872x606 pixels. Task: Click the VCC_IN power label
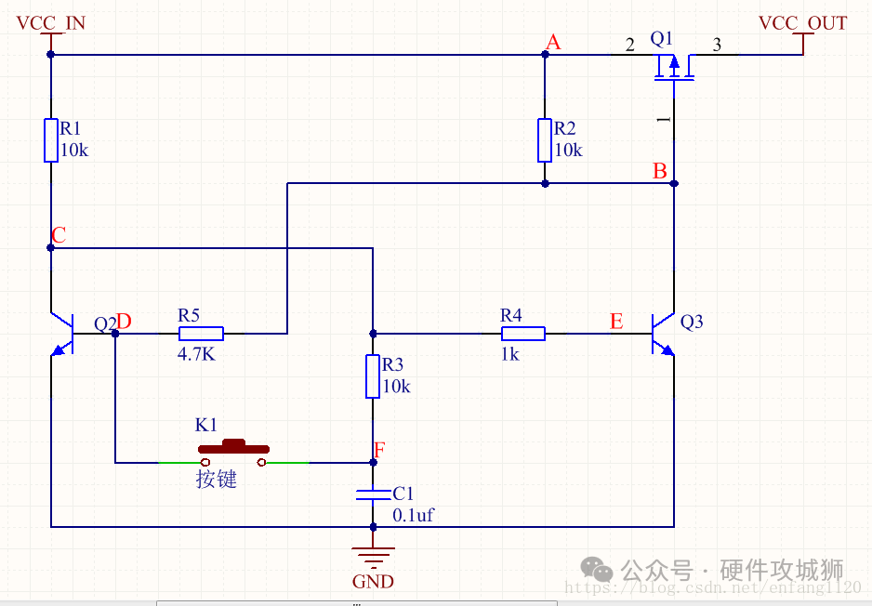pos(51,22)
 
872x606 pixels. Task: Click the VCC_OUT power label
pos(802,22)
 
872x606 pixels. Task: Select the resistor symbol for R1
pos(51,139)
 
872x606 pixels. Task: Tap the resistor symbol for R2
pos(546,139)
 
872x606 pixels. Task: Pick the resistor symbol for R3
pos(373,375)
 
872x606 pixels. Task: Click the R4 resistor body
pos(523,333)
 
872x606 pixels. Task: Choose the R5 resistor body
pos(201,333)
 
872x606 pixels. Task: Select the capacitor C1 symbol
pos(373,494)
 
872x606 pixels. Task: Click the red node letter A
pos(554,42)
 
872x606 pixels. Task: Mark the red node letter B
pos(659,171)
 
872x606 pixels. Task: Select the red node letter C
pos(59,235)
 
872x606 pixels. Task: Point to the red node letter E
pos(616,322)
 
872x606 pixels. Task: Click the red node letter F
pos(378,451)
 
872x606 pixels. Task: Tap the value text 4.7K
pos(196,354)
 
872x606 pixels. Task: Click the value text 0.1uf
pos(413,515)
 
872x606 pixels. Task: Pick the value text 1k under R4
pos(509,354)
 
